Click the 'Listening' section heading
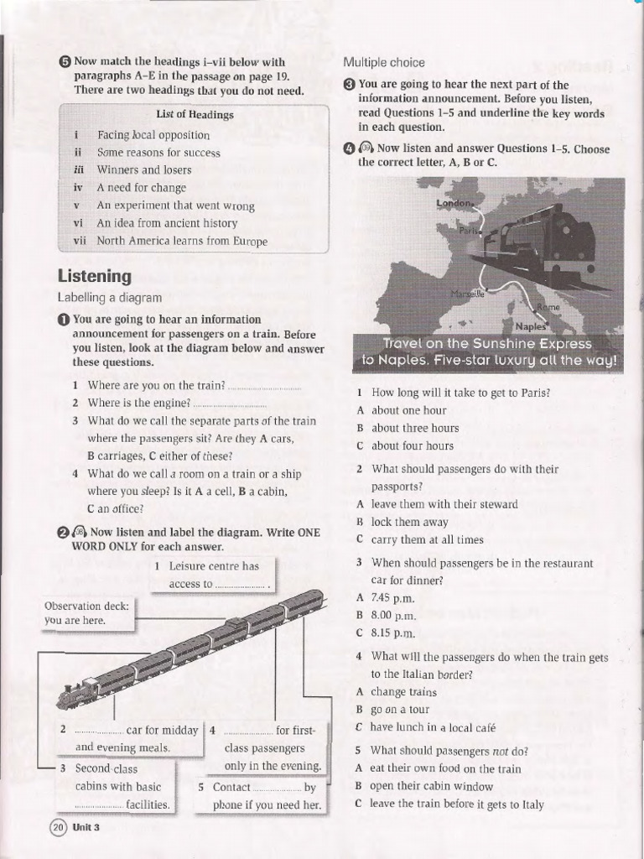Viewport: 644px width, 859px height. point(94,276)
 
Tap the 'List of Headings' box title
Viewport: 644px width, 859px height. point(195,114)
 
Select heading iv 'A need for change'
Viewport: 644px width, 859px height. point(141,188)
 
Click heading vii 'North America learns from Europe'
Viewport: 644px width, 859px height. point(182,242)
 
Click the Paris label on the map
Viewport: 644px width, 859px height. point(470,231)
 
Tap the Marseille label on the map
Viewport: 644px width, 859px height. point(467,294)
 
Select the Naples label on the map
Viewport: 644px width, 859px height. point(531,326)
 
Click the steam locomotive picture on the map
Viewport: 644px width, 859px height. point(541,243)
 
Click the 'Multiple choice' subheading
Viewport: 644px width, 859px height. point(383,63)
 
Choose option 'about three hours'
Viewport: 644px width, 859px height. point(415,428)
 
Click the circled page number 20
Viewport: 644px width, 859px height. point(58,827)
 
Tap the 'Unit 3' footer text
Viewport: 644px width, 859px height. point(86,827)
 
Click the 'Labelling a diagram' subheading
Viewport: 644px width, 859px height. point(109,297)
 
